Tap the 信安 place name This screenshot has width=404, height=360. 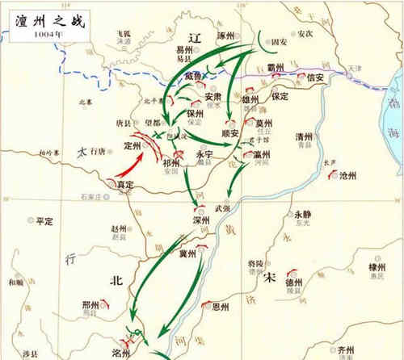316,78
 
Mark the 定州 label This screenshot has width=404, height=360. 133,146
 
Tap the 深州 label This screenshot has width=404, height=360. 201,220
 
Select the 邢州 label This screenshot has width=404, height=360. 91,306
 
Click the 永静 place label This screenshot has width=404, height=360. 302,215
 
